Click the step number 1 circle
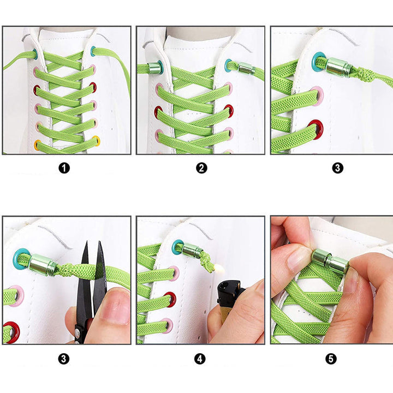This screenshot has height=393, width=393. (x=64, y=168)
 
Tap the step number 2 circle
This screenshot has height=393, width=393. (x=201, y=168)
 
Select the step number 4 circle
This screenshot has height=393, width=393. (x=200, y=359)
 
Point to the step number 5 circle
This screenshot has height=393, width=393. (x=331, y=359)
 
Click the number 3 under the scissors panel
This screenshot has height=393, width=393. (x=64, y=359)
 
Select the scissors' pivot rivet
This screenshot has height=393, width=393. (x=78, y=332)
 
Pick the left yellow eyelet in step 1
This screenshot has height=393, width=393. (x=37, y=145)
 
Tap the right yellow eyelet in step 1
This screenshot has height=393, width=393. (x=97, y=140)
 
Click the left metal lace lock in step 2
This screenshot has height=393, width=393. (x=154, y=68)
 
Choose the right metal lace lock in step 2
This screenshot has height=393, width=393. (x=246, y=68)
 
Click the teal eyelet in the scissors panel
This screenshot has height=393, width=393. (x=20, y=258)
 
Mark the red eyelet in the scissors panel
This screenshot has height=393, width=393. (x=12, y=332)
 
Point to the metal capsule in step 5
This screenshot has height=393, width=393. (x=330, y=261)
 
